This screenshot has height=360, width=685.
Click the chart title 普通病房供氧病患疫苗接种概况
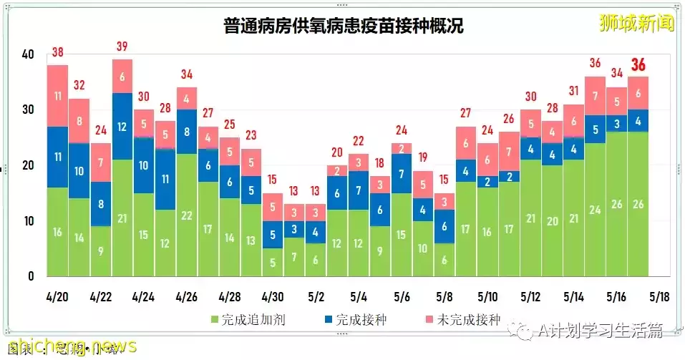coord(342,26)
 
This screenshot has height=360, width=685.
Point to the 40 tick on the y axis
coord(28,54)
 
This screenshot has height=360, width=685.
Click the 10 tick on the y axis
coord(28,221)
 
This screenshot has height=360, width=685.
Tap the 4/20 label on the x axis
coord(57,296)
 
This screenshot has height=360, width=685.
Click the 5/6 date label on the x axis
coord(402,296)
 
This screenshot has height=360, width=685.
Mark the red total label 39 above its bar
coord(122,46)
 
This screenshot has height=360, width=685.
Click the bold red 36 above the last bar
coord(638,66)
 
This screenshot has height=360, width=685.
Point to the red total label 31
coord(573,91)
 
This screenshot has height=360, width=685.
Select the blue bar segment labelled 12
coord(122,127)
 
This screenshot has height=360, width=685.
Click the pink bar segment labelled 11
coord(58,95)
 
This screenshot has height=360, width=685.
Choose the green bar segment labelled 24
coord(595,210)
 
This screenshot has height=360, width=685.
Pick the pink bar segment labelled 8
coord(79,121)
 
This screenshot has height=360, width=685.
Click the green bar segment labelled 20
coord(552,221)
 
